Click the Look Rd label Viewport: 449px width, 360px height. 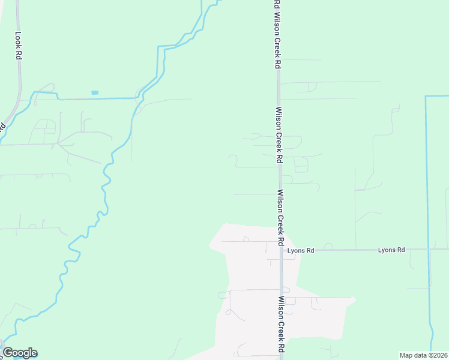point(18,45)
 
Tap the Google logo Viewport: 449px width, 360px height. point(20,353)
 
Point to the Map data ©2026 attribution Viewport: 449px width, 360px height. point(423,355)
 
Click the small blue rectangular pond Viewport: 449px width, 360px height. point(95,92)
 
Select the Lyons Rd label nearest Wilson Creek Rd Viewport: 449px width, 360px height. point(301,250)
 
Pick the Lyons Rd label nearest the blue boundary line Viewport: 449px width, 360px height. point(391,250)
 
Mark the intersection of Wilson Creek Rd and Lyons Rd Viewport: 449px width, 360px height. point(280,249)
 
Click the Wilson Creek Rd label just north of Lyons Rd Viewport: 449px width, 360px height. point(280,217)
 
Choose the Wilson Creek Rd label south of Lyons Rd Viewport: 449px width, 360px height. point(280,324)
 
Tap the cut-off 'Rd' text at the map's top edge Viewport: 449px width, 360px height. point(276,4)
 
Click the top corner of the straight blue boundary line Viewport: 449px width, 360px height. point(426,96)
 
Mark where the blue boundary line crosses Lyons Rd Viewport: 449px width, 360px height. point(429,249)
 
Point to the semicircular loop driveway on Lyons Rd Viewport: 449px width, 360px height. point(328,245)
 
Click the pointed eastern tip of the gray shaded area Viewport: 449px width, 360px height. point(355,299)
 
